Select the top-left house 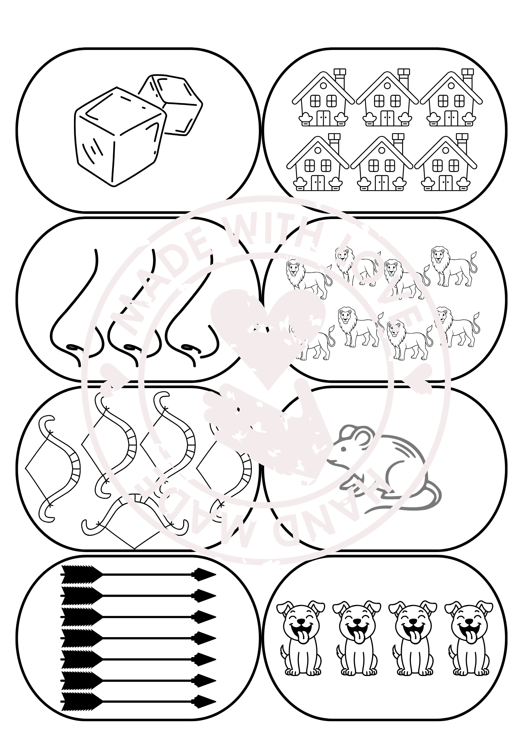[323, 98]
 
